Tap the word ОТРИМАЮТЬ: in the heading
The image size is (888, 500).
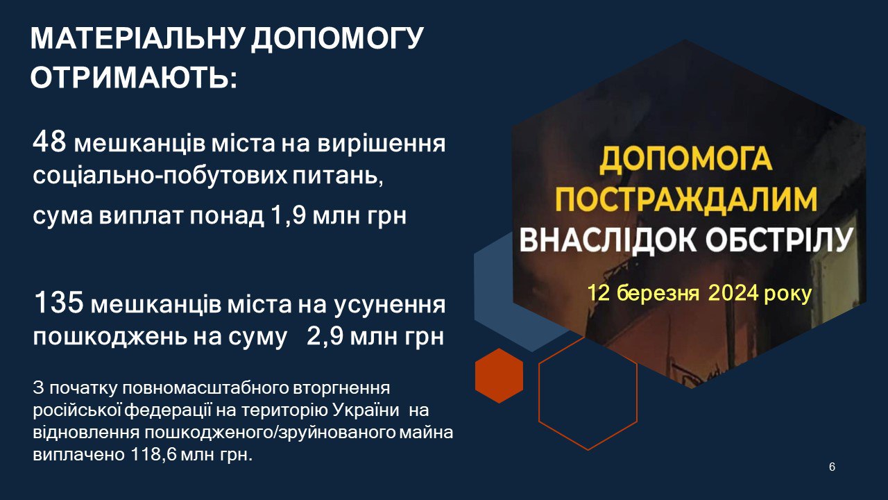point(134,76)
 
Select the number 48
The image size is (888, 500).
point(49,142)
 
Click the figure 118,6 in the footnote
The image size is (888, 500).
point(153,455)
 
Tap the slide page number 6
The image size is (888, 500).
point(832,467)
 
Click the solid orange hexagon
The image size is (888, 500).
point(499,376)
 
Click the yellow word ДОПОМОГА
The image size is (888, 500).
point(685,160)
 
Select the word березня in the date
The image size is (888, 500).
point(658,294)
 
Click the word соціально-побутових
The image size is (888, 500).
point(160,176)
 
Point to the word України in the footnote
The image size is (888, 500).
point(366,410)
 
